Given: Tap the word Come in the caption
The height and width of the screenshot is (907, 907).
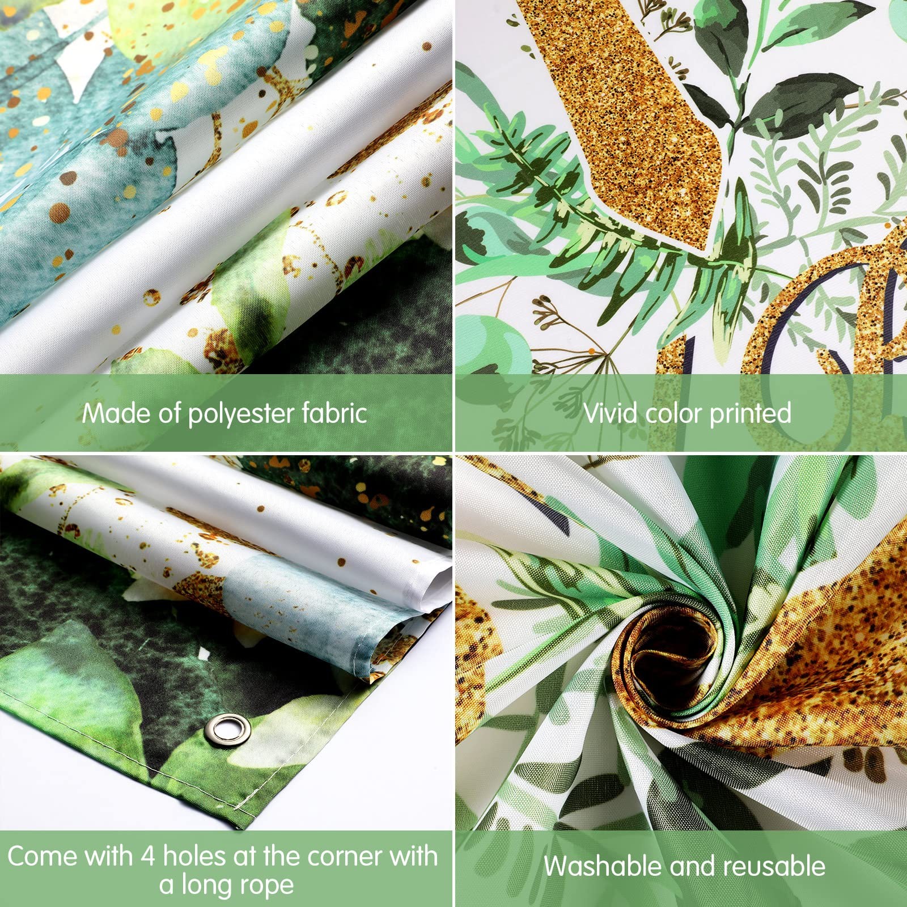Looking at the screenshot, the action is (43, 856).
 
